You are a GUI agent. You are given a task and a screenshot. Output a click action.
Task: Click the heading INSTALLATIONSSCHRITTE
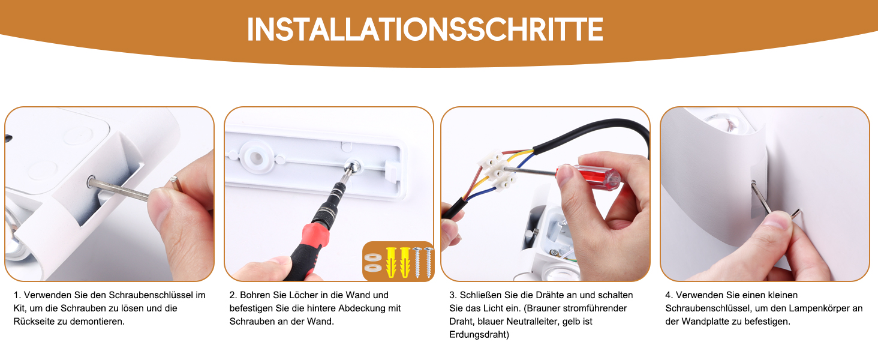tap(425, 29)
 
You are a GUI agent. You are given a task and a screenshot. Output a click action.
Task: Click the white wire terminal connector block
tap(496, 172)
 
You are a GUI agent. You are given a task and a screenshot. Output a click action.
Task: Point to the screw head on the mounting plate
tap(353, 167)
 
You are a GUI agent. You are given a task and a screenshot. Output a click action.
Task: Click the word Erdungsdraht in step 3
tap(479, 335)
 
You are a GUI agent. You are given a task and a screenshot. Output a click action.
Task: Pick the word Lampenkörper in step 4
tap(817, 308)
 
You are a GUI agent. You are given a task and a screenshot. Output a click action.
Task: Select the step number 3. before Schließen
tap(453, 295)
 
